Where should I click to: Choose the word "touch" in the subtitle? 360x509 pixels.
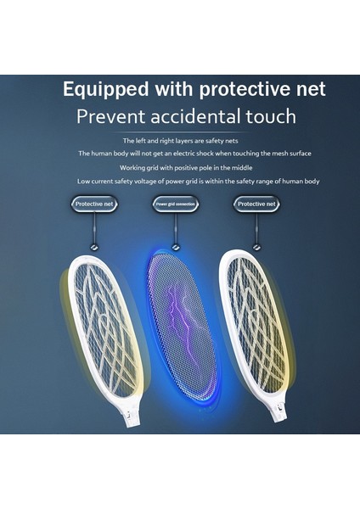(267, 116)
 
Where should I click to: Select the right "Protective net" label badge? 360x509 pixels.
(256, 204)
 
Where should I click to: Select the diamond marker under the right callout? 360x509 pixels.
(256, 247)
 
